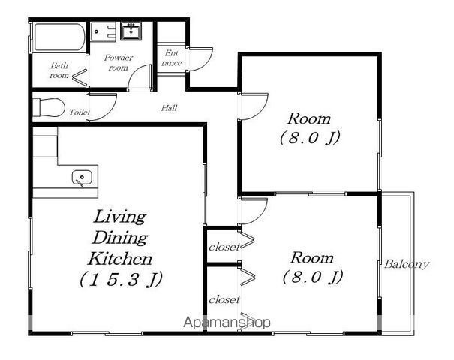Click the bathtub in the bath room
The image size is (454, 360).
point(59,37)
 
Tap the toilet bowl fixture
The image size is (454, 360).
point(49,107)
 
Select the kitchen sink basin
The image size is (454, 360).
point(82,178)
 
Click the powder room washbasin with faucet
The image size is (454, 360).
point(131,31)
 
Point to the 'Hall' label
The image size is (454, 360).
point(169,108)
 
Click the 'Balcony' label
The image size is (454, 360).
point(406,264)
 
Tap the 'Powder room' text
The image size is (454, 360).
point(118,62)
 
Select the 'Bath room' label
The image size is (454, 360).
point(59,70)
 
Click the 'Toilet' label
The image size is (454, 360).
point(80,112)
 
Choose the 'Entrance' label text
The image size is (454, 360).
point(172,58)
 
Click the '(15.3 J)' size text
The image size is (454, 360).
point(121,279)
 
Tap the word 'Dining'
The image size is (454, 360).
point(120,238)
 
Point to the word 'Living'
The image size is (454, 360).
point(119,217)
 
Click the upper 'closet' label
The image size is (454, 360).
point(224,247)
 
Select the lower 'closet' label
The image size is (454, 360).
point(224,299)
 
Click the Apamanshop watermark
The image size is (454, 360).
point(227,322)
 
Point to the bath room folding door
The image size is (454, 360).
point(80,77)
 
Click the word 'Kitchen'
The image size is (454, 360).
point(120,259)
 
